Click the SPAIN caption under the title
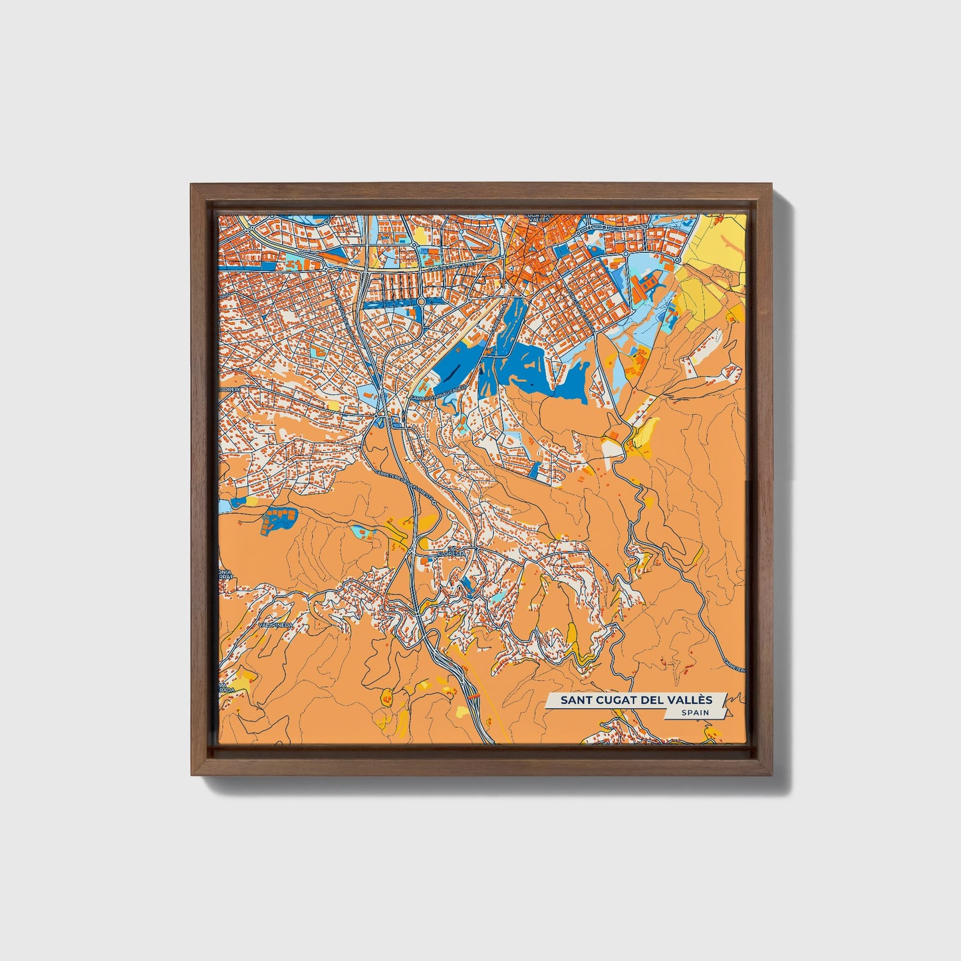click(694, 713)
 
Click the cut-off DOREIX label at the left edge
click(230, 384)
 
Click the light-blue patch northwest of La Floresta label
click(363, 531)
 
